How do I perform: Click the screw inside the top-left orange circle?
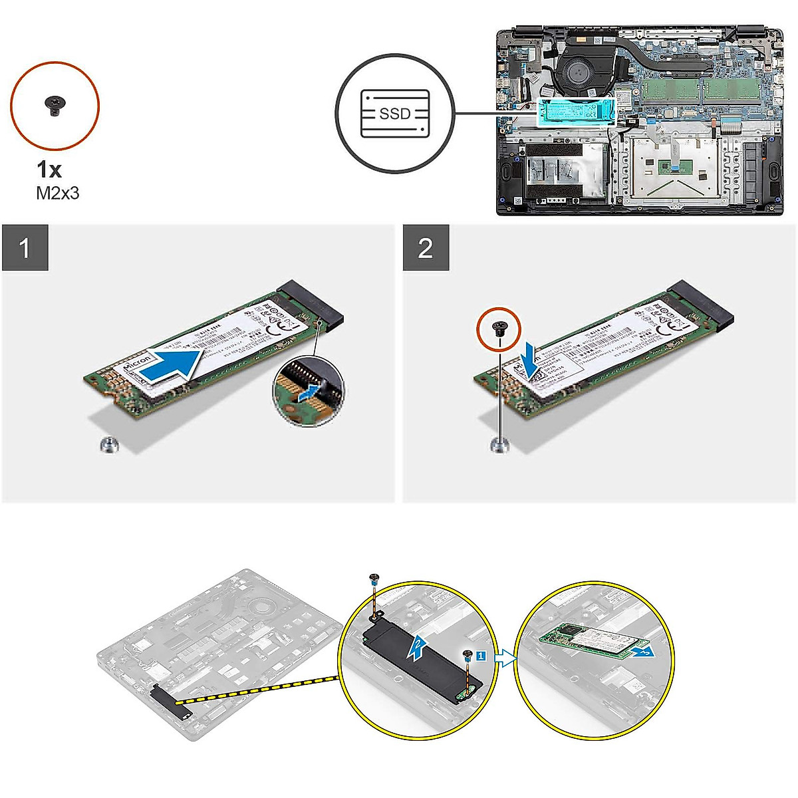click(54, 104)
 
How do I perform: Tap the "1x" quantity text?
click(49, 170)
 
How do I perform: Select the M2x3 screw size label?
click(57, 194)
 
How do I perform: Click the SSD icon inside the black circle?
click(394, 114)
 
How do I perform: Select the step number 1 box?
click(25, 248)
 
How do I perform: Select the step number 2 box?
click(426, 248)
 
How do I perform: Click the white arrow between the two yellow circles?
click(507, 658)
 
